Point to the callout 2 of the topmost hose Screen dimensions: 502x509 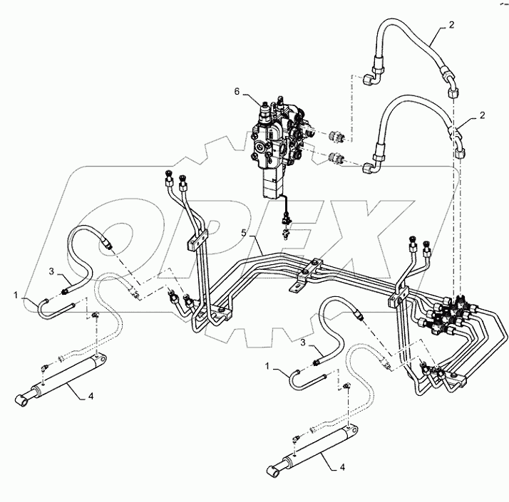(x=452, y=25)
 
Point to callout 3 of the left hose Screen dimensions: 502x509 (x=52, y=271)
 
